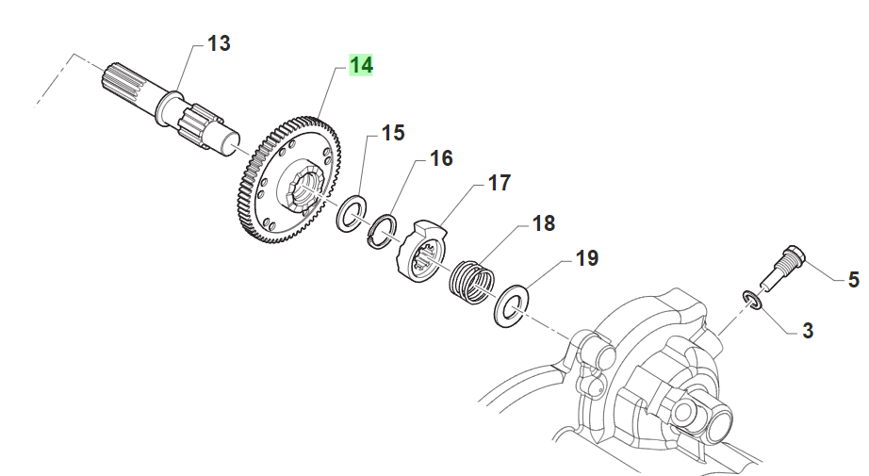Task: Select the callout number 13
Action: (219, 43)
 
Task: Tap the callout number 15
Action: (393, 133)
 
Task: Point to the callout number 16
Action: (442, 158)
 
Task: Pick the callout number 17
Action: (499, 182)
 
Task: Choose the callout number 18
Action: (544, 224)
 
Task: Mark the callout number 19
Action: (586, 258)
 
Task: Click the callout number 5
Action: (853, 280)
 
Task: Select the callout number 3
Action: (808, 331)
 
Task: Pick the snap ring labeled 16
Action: (382, 230)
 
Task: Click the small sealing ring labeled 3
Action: (752, 300)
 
